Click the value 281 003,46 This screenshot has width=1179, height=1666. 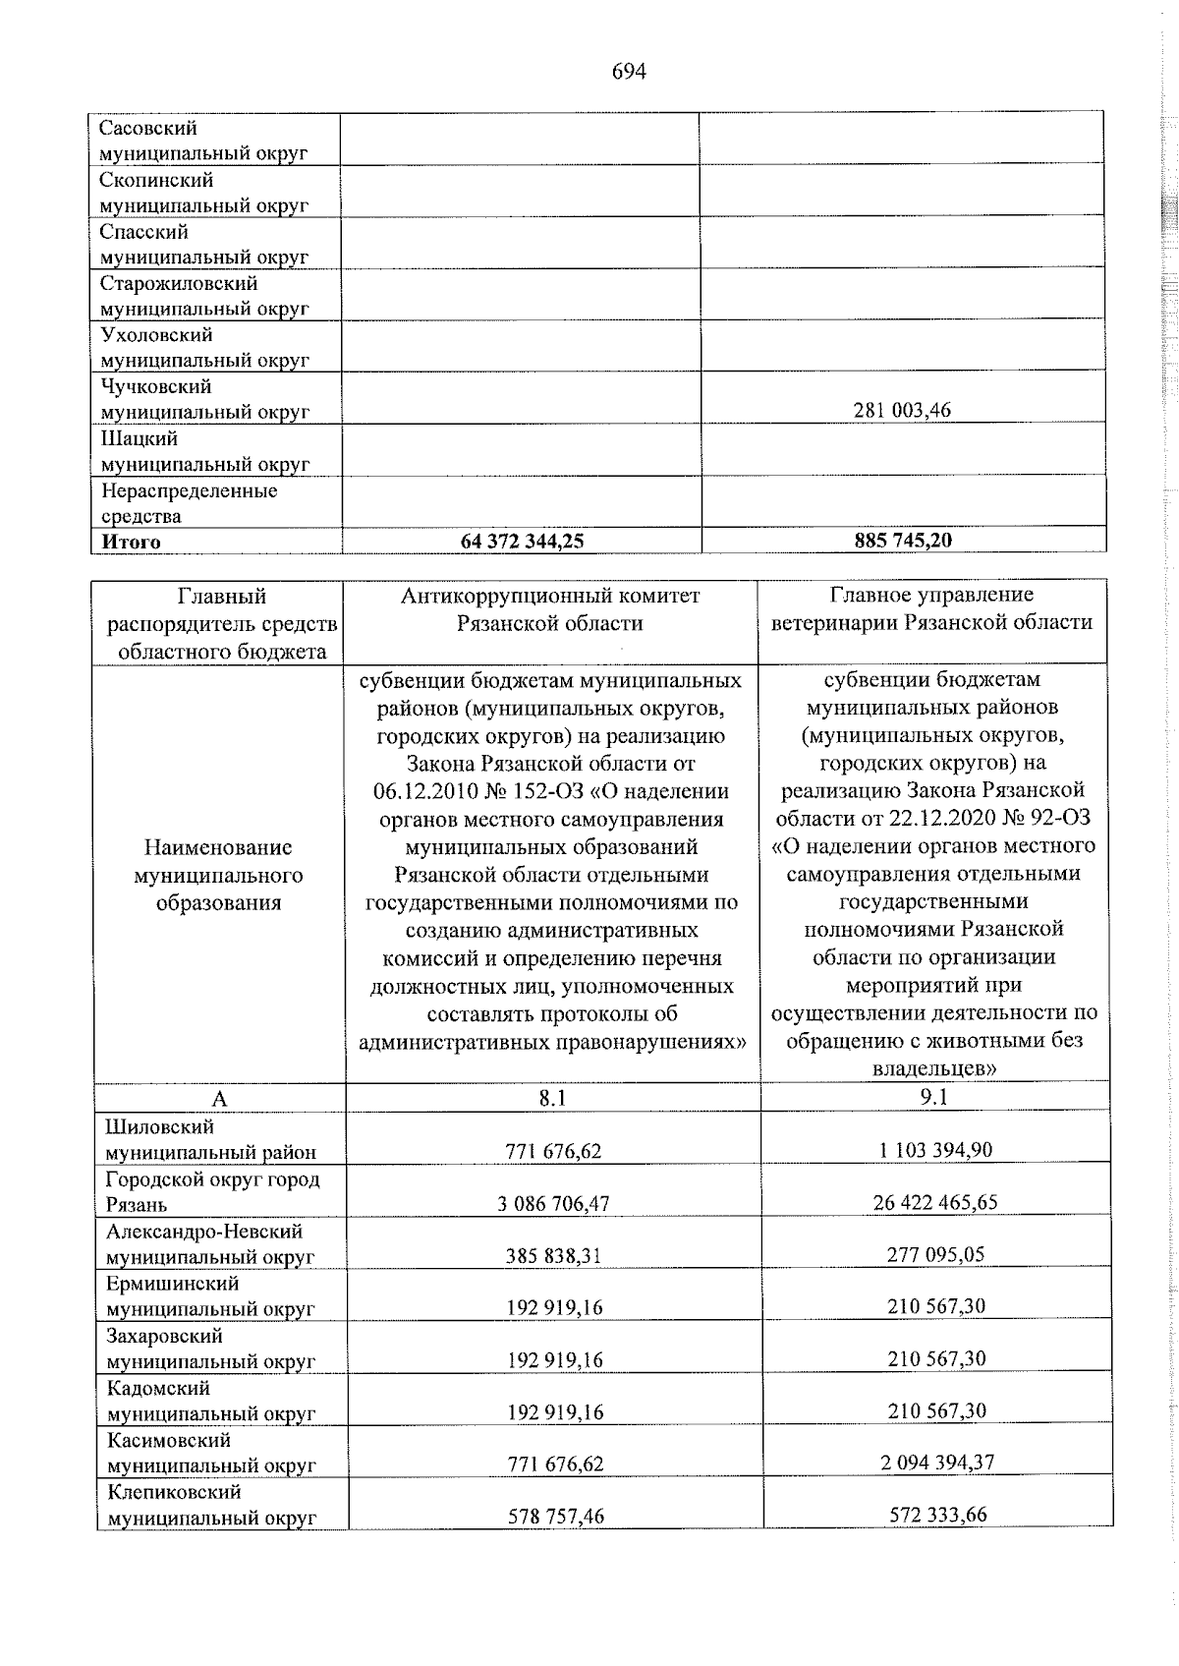coord(902,411)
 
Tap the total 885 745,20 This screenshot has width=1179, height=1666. coord(902,540)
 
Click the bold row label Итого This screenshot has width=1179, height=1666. coord(131,542)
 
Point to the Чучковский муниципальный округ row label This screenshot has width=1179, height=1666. coord(204,399)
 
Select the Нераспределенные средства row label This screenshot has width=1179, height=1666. coord(189,502)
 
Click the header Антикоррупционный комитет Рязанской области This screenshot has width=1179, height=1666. coord(550,609)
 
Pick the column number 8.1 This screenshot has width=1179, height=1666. coord(552,1098)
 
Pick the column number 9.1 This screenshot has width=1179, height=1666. coord(933,1097)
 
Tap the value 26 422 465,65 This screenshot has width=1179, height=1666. coord(934,1202)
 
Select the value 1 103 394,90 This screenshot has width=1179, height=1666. coord(934,1150)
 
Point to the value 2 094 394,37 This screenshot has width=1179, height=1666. coord(936,1463)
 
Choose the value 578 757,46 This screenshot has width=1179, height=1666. coord(555,1516)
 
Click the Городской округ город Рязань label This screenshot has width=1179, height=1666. coord(212,1191)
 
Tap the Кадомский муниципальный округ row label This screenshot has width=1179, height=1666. coord(210,1401)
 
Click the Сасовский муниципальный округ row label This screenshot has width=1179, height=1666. coord(204,141)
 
